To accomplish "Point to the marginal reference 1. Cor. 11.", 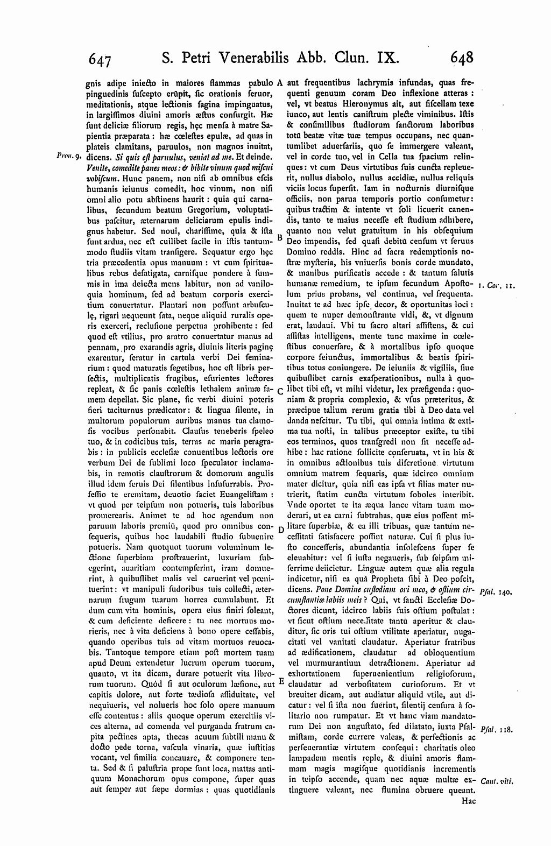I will point(500,286).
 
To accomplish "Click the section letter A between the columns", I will point(280,83).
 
